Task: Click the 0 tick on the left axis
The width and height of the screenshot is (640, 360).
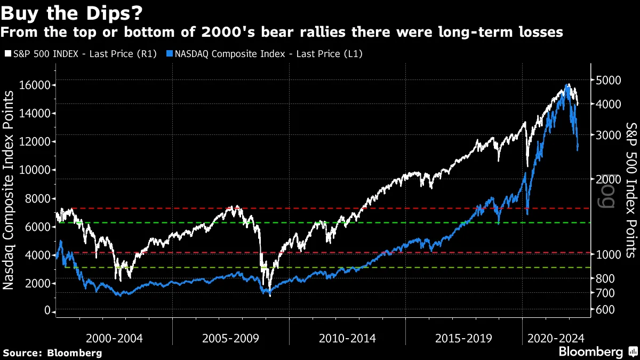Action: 47,311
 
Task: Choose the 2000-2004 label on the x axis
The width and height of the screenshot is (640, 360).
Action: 115,338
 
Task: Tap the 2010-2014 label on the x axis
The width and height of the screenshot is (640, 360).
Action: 347,338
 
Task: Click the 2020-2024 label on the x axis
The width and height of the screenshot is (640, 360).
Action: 556,338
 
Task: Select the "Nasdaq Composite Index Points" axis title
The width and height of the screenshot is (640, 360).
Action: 9,190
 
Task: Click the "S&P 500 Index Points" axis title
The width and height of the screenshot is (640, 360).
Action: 631,190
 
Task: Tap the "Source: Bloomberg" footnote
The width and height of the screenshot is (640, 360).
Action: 52,353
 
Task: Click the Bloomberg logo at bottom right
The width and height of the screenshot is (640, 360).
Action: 597,352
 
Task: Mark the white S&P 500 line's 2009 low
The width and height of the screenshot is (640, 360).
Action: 270,295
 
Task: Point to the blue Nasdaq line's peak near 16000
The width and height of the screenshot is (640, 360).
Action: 567,85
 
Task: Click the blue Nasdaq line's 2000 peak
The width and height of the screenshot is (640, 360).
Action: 61,242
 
